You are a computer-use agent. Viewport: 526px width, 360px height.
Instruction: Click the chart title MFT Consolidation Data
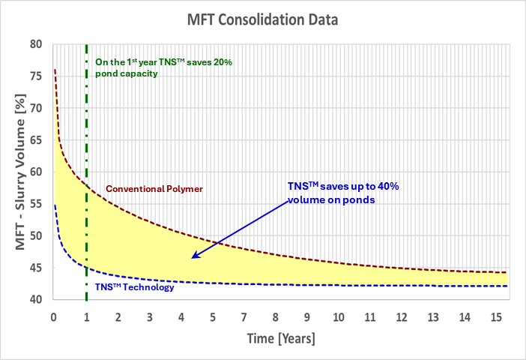click(x=263, y=19)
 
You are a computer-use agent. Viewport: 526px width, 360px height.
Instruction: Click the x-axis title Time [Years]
click(x=281, y=339)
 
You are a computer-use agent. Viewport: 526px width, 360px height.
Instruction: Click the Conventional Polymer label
click(x=154, y=189)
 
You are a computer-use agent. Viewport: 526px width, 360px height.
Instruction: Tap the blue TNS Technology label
click(x=134, y=287)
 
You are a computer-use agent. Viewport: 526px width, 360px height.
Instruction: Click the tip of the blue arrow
click(x=193, y=258)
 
